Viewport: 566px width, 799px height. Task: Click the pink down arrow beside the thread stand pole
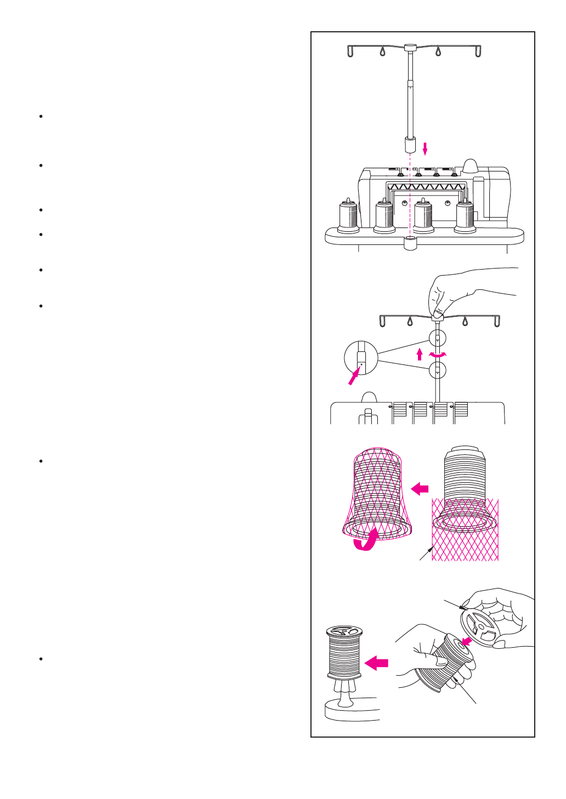(x=424, y=148)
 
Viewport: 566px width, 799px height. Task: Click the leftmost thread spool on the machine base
(x=348, y=216)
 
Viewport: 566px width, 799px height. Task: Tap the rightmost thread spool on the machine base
(x=465, y=217)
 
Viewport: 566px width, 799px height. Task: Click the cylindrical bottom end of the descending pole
(x=410, y=145)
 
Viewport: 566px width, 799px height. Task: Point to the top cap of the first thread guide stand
(x=410, y=48)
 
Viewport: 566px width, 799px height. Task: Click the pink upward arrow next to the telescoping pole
(x=420, y=353)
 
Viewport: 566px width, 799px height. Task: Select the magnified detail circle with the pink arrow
(x=361, y=358)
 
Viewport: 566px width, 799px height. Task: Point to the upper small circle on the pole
(x=437, y=338)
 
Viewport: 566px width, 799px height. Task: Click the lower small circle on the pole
(x=437, y=370)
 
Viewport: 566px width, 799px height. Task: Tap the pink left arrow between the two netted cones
(x=420, y=488)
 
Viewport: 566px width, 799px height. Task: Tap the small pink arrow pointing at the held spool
(x=467, y=641)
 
